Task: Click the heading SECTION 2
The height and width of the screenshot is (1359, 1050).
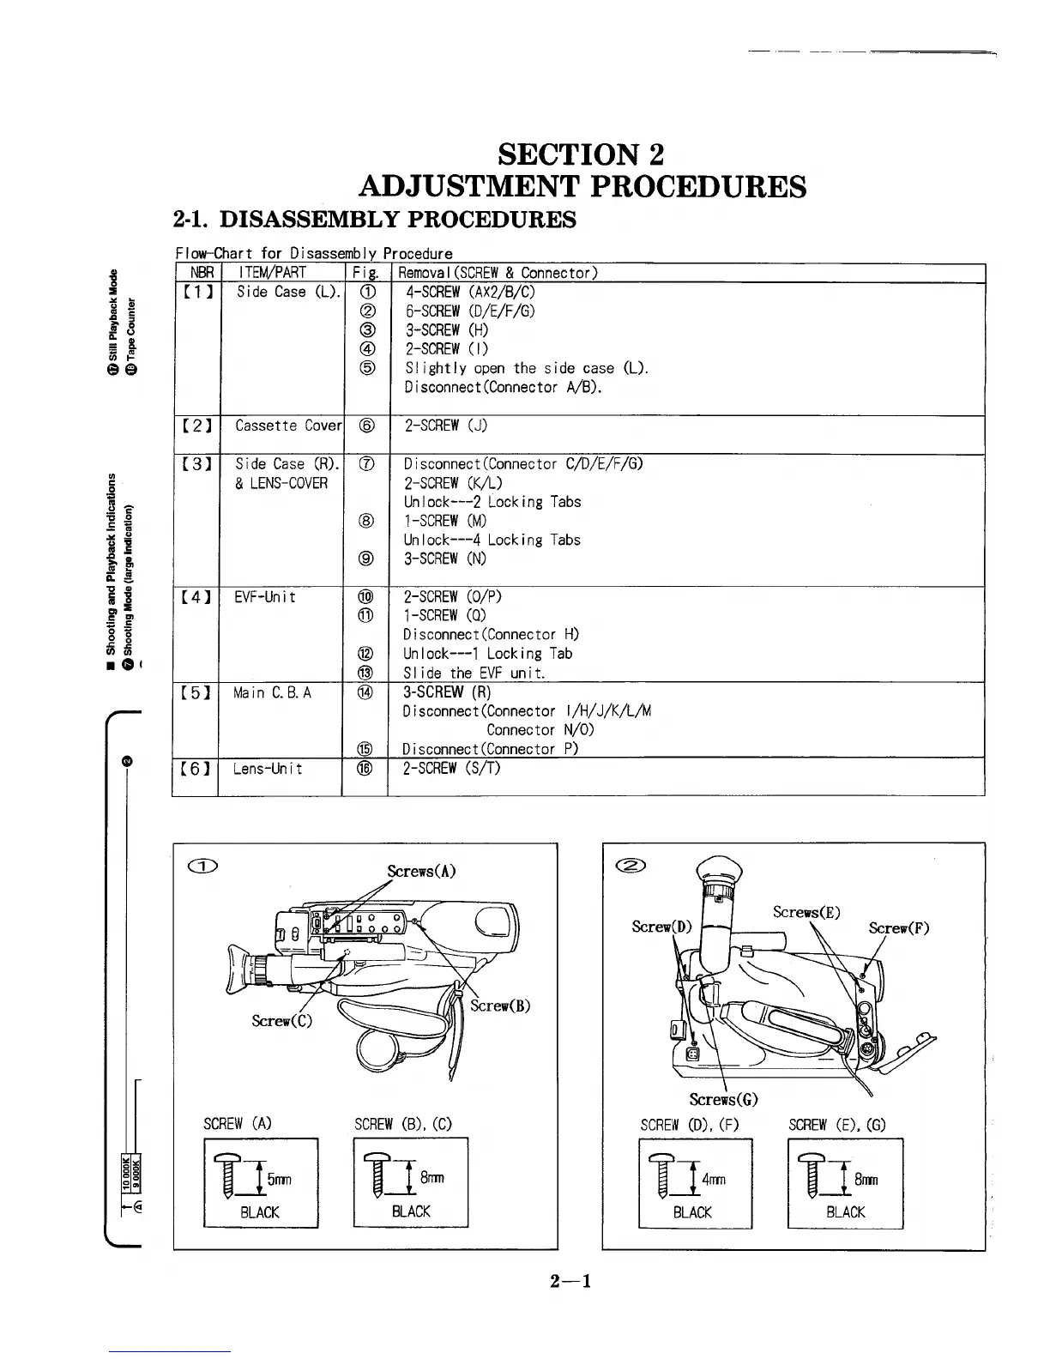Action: click(581, 154)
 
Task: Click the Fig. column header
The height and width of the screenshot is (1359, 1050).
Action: click(365, 273)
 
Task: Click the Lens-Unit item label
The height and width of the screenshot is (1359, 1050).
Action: click(267, 768)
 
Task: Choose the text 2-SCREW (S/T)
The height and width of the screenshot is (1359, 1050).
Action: click(451, 768)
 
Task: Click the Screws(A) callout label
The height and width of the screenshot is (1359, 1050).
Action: click(420, 872)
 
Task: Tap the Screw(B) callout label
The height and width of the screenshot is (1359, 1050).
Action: click(500, 1006)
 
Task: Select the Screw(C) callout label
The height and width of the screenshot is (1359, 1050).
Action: click(281, 1020)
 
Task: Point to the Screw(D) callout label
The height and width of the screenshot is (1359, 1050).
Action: click(661, 926)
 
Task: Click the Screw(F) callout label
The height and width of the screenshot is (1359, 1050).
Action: click(898, 927)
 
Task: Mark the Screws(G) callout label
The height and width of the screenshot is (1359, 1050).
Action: click(723, 1099)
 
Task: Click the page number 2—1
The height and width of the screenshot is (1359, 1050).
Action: click(572, 1282)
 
